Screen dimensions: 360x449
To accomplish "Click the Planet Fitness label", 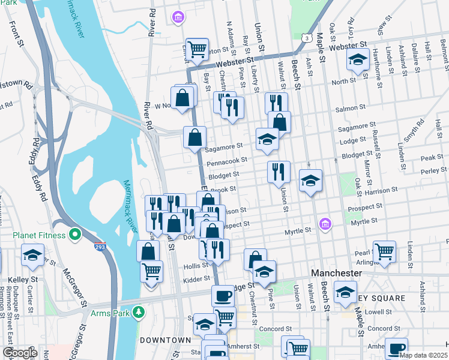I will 33,235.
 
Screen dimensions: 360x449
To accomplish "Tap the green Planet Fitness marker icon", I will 75,235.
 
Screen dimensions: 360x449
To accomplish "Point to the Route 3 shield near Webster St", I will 307,38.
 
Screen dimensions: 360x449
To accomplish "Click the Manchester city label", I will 337,273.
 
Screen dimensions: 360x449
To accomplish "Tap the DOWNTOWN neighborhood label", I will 165,340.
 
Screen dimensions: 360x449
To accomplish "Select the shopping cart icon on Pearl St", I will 384,251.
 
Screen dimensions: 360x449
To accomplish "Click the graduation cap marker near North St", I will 358,60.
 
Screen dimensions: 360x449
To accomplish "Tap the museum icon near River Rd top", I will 178,17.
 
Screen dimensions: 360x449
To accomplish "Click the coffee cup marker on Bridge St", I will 223,295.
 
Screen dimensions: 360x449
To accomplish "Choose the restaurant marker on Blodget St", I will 279,171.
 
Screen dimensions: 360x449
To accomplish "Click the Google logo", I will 20,353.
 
